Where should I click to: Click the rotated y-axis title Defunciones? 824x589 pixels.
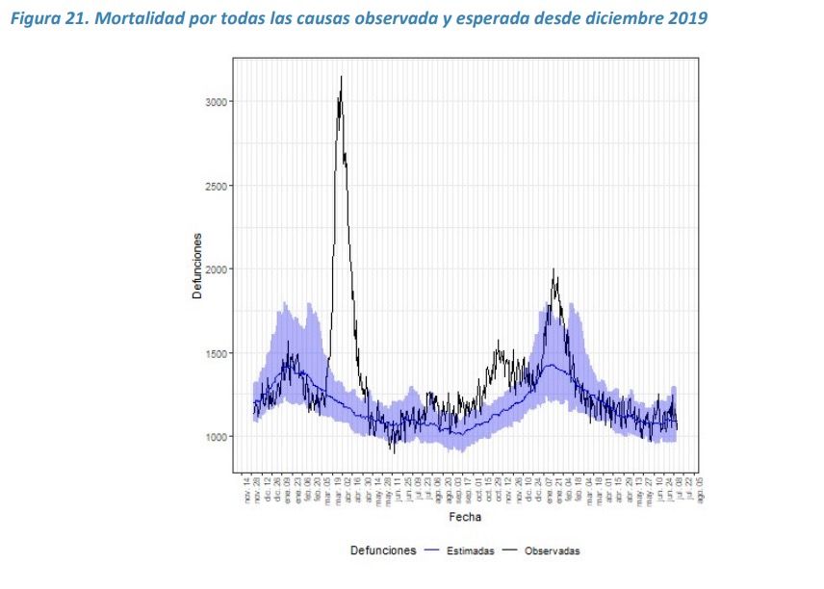point(196,265)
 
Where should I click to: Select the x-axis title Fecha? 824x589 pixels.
point(467,517)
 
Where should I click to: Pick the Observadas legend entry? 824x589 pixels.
point(552,551)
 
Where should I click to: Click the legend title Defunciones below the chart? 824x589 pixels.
point(383,551)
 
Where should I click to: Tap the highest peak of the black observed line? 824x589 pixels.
point(341,77)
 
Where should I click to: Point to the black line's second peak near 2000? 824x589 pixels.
point(554,269)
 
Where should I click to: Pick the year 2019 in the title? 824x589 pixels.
point(688,19)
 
